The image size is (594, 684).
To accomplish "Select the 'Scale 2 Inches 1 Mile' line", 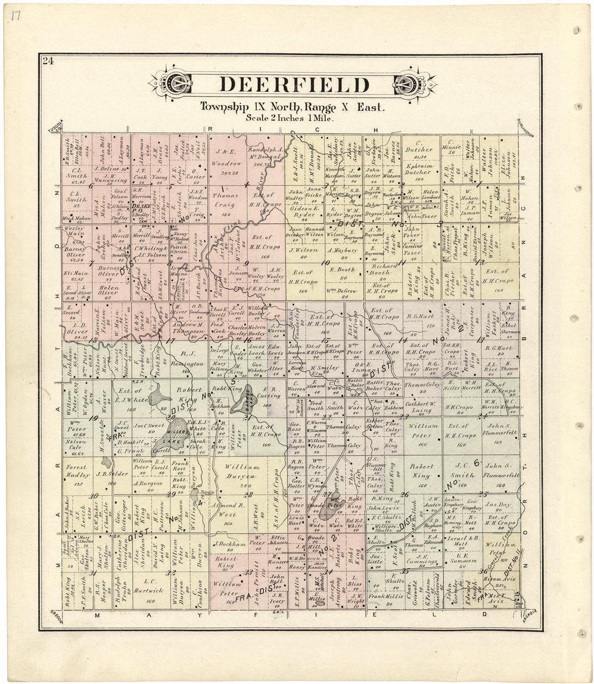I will pos(290,117).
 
